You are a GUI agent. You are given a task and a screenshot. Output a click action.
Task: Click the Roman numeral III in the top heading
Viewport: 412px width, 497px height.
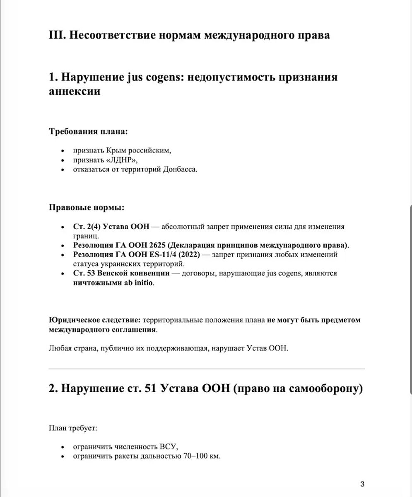click(x=57, y=35)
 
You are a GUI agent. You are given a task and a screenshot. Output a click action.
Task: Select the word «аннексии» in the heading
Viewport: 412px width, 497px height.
click(x=75, y=91)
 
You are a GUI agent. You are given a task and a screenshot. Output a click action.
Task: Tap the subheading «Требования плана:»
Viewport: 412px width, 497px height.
click(x=88, y=132)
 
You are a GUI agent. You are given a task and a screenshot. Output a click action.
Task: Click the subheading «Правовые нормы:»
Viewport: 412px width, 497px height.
click(x=86, y=207)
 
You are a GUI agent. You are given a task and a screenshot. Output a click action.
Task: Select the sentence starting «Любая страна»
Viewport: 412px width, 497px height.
click(x=168, y=348)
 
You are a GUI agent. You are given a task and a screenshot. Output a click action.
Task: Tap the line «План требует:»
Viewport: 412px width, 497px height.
click(x=73, y=427)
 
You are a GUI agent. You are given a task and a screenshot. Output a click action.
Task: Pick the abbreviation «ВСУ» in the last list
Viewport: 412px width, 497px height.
click(x=168, y=447)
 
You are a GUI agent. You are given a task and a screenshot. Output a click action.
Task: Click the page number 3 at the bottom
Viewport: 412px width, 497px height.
click(x=362, y=484)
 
